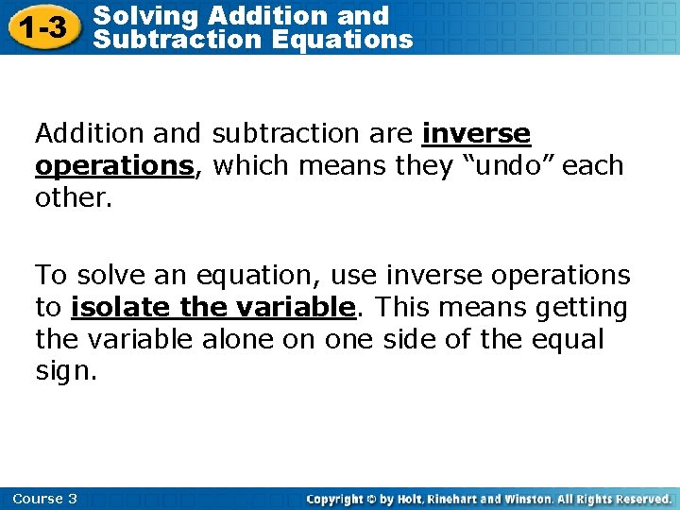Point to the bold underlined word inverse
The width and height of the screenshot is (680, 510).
click(x=476, y=134)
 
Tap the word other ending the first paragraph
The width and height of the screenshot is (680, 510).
click(x=72, y=196)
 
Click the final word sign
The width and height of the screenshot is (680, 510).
click(x=66, y=370)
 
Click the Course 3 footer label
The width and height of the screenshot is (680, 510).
click(x=45, y=499)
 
